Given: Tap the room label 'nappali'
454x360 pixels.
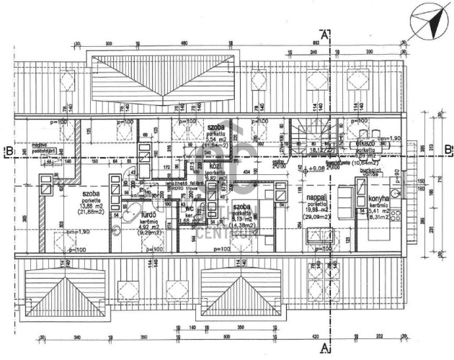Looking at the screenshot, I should pyautogui.click(x=318, y=196).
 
